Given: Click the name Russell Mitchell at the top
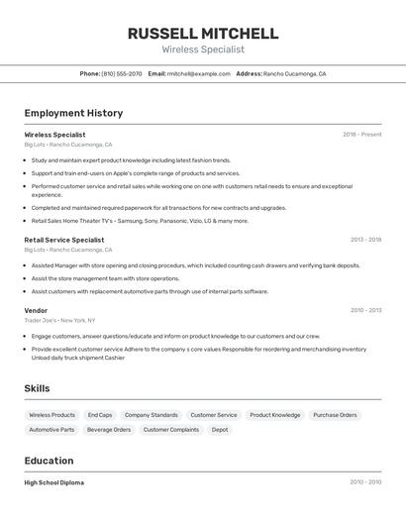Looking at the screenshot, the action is pyautogui.click(x=203, y=33).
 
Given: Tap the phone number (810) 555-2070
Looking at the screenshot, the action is pyautogui.click(x=122, y=73).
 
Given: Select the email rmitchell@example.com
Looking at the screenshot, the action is pyautogui.click(x=190, y=73).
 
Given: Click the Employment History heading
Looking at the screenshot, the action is pyautogui.click(x=73, y=113).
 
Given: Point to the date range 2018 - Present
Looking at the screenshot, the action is pyautogui.click(x=361, y=134).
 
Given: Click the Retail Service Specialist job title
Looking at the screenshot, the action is pyautogui.click(x=63, y=240).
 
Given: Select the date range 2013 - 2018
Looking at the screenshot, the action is pyautogui.click(x=365, y=240).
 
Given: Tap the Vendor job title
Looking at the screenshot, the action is pyautogui.click(x=36, y=310).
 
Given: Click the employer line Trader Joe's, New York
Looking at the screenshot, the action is pyautogui.click(x=59, y=321).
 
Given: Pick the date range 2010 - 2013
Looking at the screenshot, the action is pyautogui.click(x=365, y=310).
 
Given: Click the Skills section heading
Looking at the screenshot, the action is pyautogui.click(x=37, y=388).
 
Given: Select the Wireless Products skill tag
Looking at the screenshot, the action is pyautogui.click(x=51, y=415).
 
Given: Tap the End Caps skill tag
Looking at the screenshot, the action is pyautogui.click(x=100, y=415).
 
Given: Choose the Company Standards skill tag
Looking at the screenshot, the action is pyautogui.click(x=152, y=415).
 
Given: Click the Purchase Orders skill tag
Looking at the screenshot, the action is pyautogui.click(x=335, y=415).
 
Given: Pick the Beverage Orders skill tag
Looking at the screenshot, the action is pyautogui.click(x=109, y=430).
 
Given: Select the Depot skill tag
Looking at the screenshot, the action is pyautogui.click(x=220, y=430).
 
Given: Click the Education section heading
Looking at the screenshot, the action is pyautogui.click(x=49, y=461).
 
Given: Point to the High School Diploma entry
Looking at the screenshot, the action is pyautogui.click(x=53, y=482).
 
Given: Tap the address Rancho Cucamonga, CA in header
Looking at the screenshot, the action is pyautogui.click(x=294, y=73).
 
